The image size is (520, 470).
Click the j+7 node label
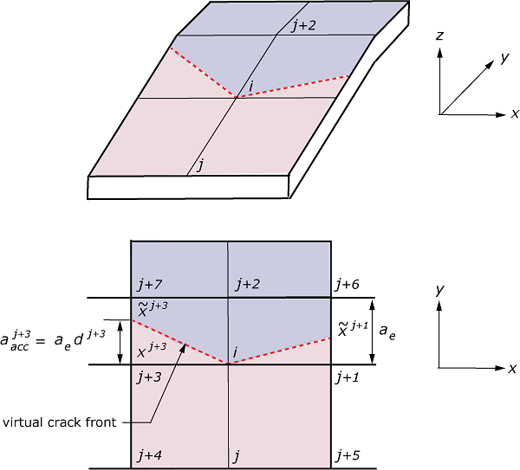click(x=149, y=285)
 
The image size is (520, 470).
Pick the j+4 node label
click(x=149, y=454)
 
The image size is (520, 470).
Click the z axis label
click(x=440, y=37)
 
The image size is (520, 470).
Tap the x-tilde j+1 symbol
click(x=353, y=327)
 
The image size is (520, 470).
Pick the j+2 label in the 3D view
click(x=303, y=26)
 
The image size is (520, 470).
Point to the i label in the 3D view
click(x=250, y=86)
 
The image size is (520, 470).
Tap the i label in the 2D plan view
click(x=236, y=352)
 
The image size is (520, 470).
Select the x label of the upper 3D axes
click(x=514, y=113)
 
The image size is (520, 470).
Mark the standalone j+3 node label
click(x=149, y=377)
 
